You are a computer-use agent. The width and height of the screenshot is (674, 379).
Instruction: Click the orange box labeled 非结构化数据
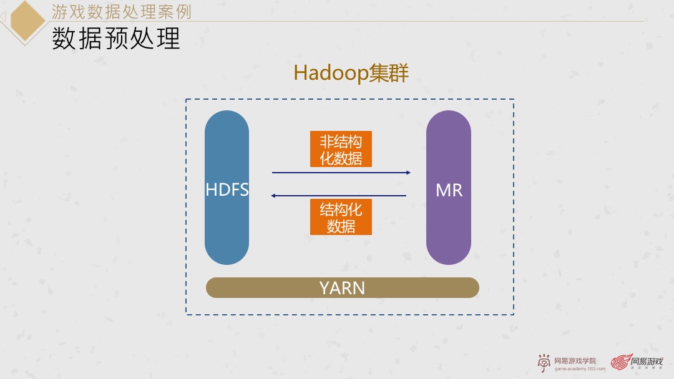point(341,149)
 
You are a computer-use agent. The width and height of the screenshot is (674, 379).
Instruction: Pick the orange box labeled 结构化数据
point(341,217)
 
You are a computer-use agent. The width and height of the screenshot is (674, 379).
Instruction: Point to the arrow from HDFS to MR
point(341,173)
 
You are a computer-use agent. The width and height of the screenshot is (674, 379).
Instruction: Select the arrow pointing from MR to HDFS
point(341,196)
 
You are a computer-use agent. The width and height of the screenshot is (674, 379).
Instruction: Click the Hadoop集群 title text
point(351,73)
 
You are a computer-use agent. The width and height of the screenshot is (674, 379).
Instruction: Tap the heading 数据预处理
point(116,39)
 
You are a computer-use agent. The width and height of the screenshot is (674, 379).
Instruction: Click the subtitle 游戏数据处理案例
point(121,11)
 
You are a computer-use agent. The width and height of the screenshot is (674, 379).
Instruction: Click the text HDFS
point(227,190)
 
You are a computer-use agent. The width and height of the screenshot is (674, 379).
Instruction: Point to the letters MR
point(449,191)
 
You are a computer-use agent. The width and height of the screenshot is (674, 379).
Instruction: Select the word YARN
point(342,288)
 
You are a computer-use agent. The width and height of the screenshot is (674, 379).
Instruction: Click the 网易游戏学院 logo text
point(575,360)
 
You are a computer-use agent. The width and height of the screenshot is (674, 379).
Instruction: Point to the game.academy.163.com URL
point(580,369)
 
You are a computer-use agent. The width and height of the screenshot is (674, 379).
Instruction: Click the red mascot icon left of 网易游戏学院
point(544,363)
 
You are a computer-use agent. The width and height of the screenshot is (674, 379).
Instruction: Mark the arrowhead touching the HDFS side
point(274,196)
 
